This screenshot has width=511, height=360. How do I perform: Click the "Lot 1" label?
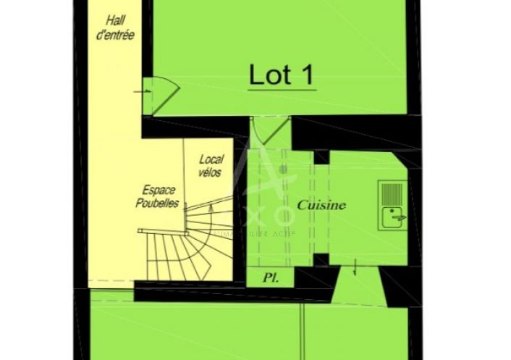[x=282, y=75]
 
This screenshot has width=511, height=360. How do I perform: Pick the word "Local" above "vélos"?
[x=211, y=159]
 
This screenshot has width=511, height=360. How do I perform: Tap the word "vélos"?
[x=211, y=173]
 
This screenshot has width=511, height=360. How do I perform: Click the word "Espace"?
[x=158, y=190]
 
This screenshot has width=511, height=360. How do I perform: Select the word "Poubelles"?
[x=157, y=204]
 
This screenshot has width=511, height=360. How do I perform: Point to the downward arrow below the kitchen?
[x=355, y=269]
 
